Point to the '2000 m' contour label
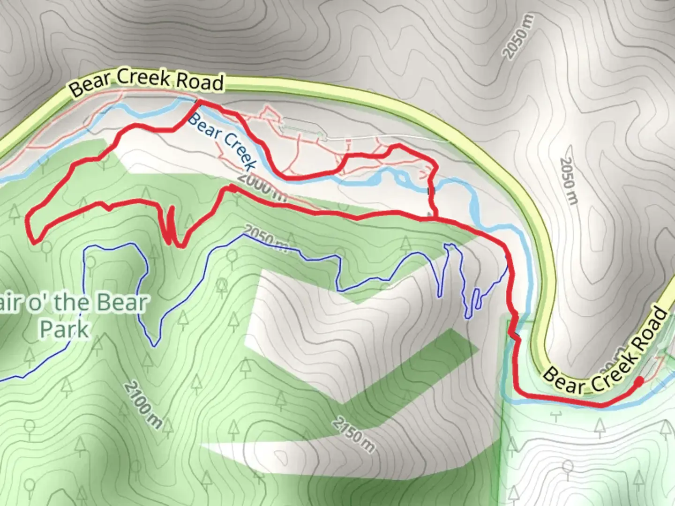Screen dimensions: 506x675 [262, 187]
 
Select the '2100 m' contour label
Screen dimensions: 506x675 [143, 406]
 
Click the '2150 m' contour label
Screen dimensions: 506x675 [354, 435]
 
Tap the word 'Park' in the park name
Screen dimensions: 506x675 [64, 329]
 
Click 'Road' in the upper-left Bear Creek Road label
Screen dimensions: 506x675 [200, 82]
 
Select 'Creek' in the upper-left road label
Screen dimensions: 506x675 [143, 78]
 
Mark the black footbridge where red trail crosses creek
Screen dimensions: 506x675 [429, 191]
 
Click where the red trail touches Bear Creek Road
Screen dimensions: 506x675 [198, 101]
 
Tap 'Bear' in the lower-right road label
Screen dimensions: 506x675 [566, 381]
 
